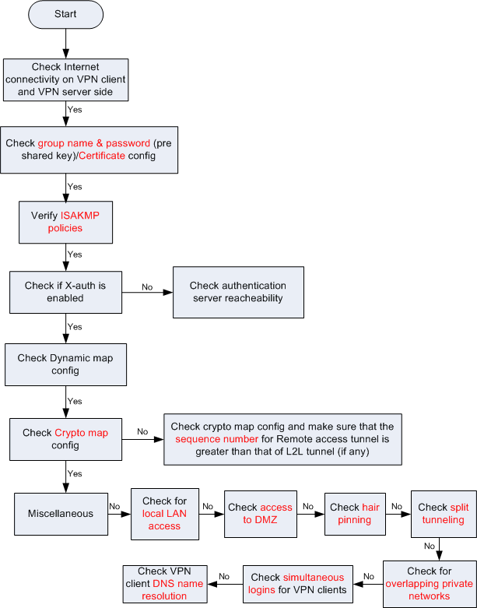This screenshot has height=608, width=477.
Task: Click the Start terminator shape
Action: tap(65, 14)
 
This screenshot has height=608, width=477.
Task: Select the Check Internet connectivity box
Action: tap(65, 79)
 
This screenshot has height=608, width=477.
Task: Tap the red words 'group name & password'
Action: tap(94, 143)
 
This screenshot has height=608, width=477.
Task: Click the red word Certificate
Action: tap(102, 156)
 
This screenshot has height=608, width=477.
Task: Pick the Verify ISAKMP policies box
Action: tap(65, 222)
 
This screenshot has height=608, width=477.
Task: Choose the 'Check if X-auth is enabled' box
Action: tap(65, 292)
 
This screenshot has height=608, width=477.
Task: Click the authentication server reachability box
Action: tap(238, 292)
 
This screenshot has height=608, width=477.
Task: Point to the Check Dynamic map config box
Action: tap(65, 364)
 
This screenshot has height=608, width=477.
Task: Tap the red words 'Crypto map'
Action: tap(82, 433)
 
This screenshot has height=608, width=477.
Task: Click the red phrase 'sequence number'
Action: tap(216, 439)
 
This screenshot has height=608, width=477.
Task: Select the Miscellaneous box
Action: tap(61, 514)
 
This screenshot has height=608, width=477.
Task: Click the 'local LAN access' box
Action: tap(165, 514)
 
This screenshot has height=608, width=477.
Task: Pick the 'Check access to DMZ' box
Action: tap(261, 514)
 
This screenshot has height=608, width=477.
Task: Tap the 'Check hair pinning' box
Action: tap(355, 514)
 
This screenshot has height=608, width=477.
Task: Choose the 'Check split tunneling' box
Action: tap(444, 514)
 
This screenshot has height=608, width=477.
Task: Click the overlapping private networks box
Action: tap(430, 584)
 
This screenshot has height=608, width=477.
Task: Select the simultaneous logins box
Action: tap(298, 584)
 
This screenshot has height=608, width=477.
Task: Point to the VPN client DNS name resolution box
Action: tap(165, 584)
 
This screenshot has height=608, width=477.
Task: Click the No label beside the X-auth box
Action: tap(147, 287)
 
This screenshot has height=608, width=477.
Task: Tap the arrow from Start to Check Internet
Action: tap(65, 44)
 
